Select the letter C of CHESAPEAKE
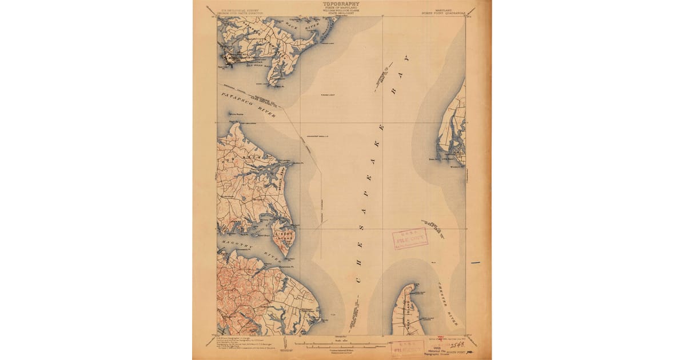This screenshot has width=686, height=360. (x=359, y=279)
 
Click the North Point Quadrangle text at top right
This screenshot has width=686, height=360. (x=452, y=11)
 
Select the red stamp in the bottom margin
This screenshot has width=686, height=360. (x=408, y=348)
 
